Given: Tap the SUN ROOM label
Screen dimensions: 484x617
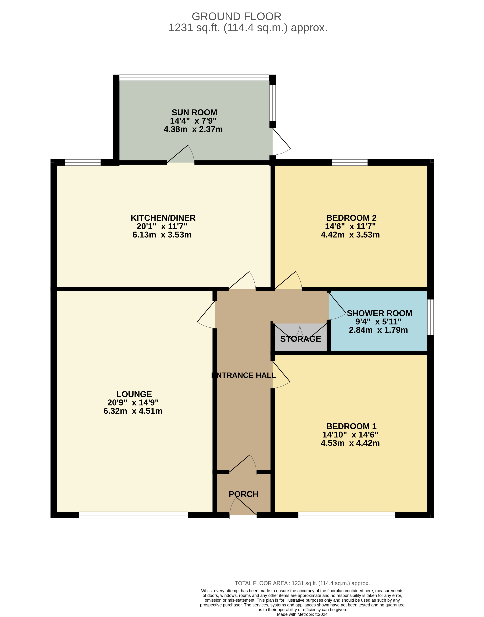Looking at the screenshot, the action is [x=194, y=113].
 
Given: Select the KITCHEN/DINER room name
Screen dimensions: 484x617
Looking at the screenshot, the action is [x=163, y=218].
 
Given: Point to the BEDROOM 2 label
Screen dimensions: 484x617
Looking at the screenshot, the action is [x=351, y=218].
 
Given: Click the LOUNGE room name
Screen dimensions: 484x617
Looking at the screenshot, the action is [x=134, y=394].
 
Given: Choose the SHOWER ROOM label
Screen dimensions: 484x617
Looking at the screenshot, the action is [x=379, y=313].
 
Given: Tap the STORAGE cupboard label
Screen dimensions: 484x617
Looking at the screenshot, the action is [x=301, y=339].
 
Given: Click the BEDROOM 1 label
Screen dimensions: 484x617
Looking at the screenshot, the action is [x=351, y=426].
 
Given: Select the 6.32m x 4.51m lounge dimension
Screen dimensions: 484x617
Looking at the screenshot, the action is [x=133, y=411].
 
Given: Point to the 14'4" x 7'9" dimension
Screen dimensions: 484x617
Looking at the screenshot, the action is [x=193, y=121].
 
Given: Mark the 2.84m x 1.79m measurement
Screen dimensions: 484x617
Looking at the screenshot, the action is [x=378, y=330].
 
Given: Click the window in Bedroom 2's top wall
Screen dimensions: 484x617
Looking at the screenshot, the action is [x=350, y=162].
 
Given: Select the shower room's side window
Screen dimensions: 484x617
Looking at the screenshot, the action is [x=430, y=317].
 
